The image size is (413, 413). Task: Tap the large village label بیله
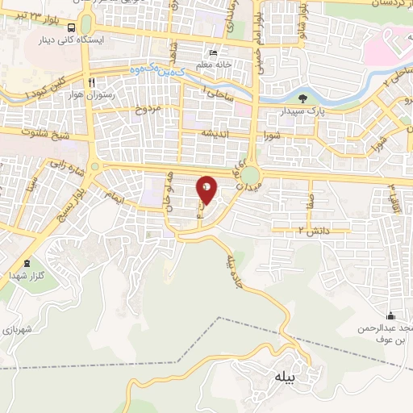click(285, 377)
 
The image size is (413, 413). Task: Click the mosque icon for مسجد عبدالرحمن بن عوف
click(391, 315)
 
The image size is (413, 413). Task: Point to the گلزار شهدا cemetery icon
click(27, 262)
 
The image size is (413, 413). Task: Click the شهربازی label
click(17, 329)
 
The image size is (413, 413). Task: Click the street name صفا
click(311, 199)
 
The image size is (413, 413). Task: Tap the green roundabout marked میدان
click(251, 175)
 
